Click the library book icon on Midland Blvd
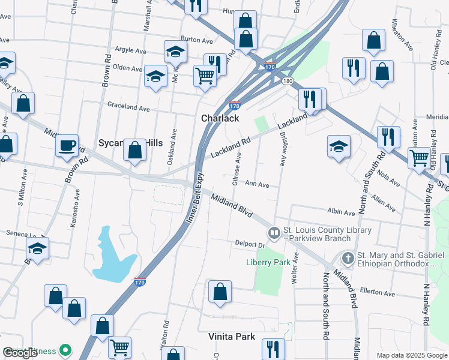[x=274, y=232]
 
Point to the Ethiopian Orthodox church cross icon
[x=348, y=258]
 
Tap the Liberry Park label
[x=268, y=262]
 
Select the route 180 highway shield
[x=288, y=80]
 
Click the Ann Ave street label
[x=256, y=185]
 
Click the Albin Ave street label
[x=341, y=212]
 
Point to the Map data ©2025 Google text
[x=411, y=355]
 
